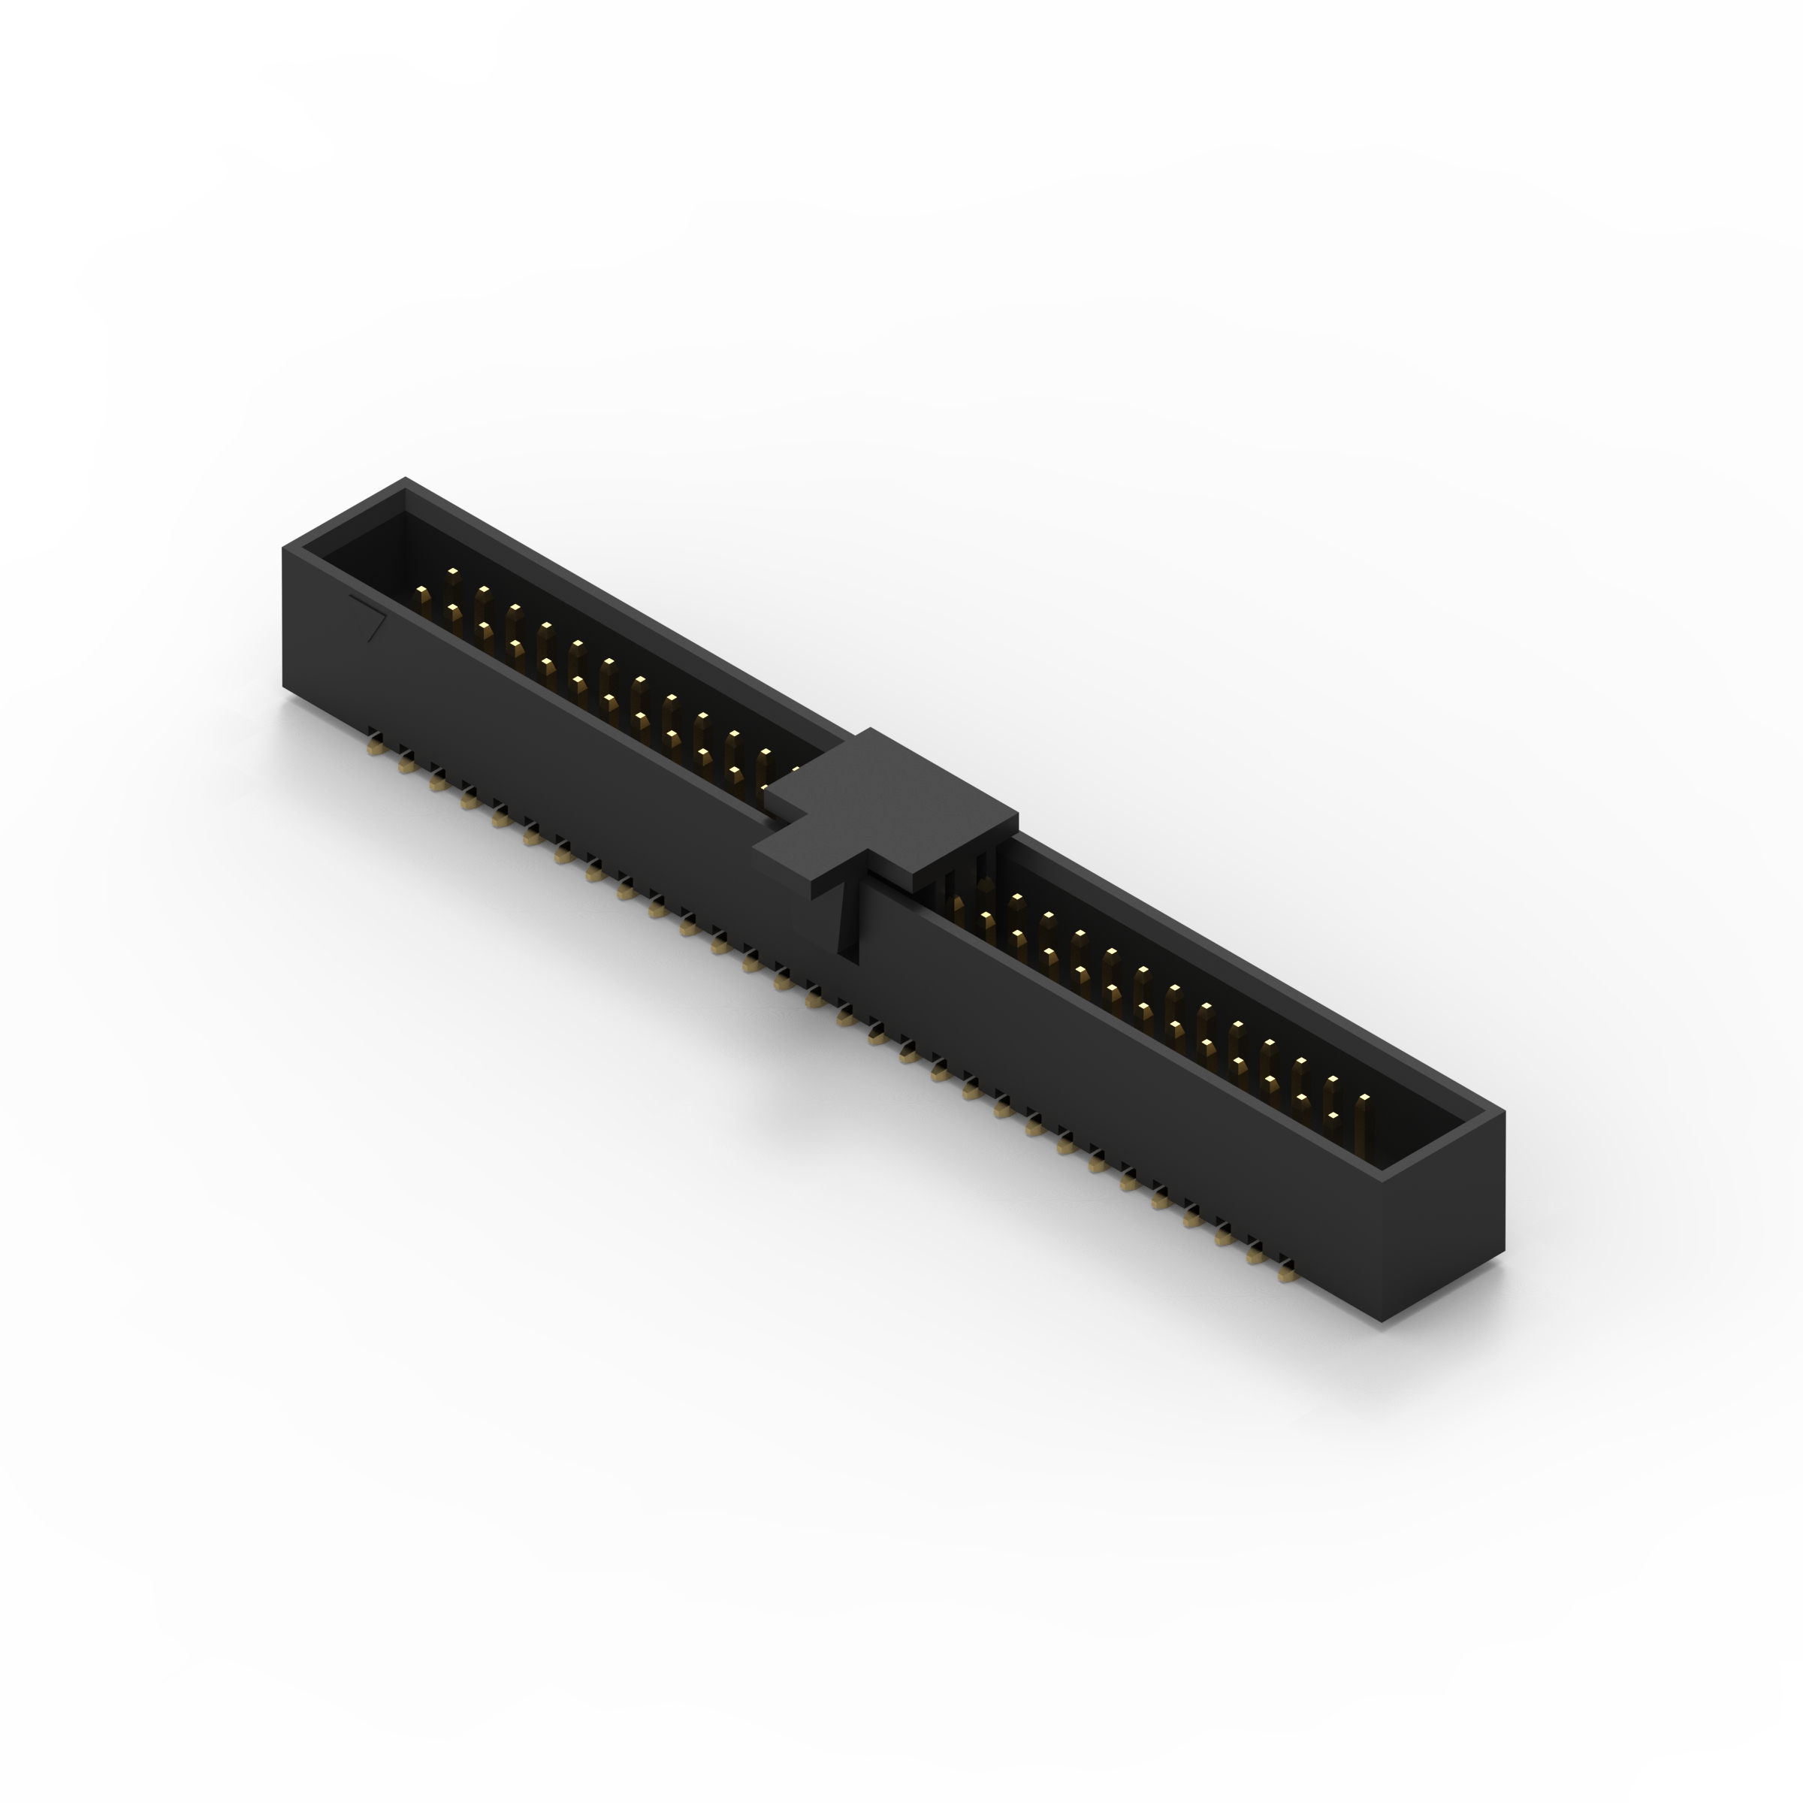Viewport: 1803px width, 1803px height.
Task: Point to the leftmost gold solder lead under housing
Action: tap(375, 746)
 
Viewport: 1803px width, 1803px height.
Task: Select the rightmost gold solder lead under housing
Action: tap(1287, 1271)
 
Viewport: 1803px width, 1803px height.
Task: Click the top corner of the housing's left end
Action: tap(405, 480)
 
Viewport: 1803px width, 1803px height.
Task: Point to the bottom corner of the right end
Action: tap(1382, 1321)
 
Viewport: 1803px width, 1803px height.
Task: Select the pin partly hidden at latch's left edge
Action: tap(795, 773)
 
